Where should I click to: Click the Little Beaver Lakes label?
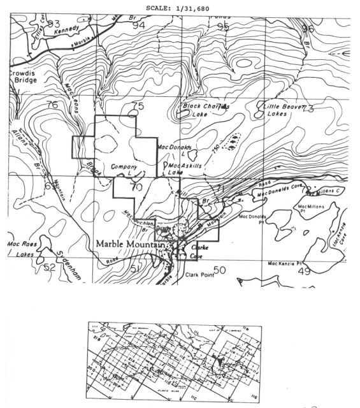coord(281,110)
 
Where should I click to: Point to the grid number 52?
coord(50,268)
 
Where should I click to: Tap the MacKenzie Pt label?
coord(288,263)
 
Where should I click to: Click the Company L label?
coord(125,168)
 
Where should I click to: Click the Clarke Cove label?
coord(202,250)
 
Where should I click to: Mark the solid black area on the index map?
coord(220,361)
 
